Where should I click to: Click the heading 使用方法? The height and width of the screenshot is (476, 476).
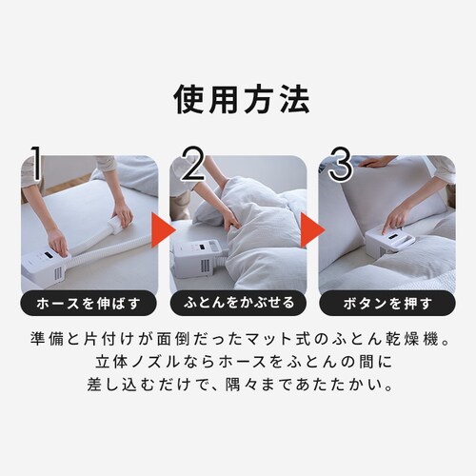tap(242, 100)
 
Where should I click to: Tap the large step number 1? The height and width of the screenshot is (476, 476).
tap(36, 163)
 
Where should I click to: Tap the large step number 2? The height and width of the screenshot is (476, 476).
tap(194, 163)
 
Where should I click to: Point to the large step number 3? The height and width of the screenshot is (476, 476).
tap(341, 163)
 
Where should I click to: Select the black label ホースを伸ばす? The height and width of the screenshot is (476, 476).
tap(89, 303)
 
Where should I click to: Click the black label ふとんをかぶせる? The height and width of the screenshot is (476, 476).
tap(238, 303)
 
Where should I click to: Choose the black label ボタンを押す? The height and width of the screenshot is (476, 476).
tap(387, 303)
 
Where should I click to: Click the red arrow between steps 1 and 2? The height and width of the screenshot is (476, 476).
tap(162, 229)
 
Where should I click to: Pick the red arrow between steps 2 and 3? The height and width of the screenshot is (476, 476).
tap(311, 229)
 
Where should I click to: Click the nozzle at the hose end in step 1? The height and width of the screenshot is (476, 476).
tap(118, 225)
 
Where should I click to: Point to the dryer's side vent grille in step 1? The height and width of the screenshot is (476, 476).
tap(58, 274)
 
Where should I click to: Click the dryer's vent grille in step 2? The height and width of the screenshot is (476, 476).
tap(205, 268)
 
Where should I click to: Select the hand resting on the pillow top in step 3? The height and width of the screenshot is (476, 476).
tap(375, 162)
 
